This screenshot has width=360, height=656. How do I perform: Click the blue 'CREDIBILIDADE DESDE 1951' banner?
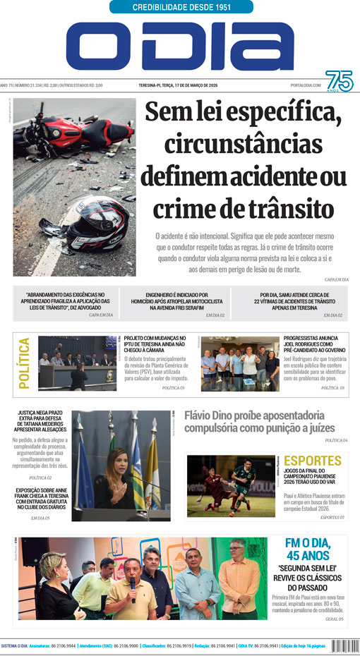(181, 7)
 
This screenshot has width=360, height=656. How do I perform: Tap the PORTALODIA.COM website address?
(305, 85)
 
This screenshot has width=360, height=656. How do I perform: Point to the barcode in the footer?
(345, 645)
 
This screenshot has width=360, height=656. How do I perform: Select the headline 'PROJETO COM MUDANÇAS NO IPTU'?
(155, 343)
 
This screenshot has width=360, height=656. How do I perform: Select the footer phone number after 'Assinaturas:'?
(63, 645)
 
